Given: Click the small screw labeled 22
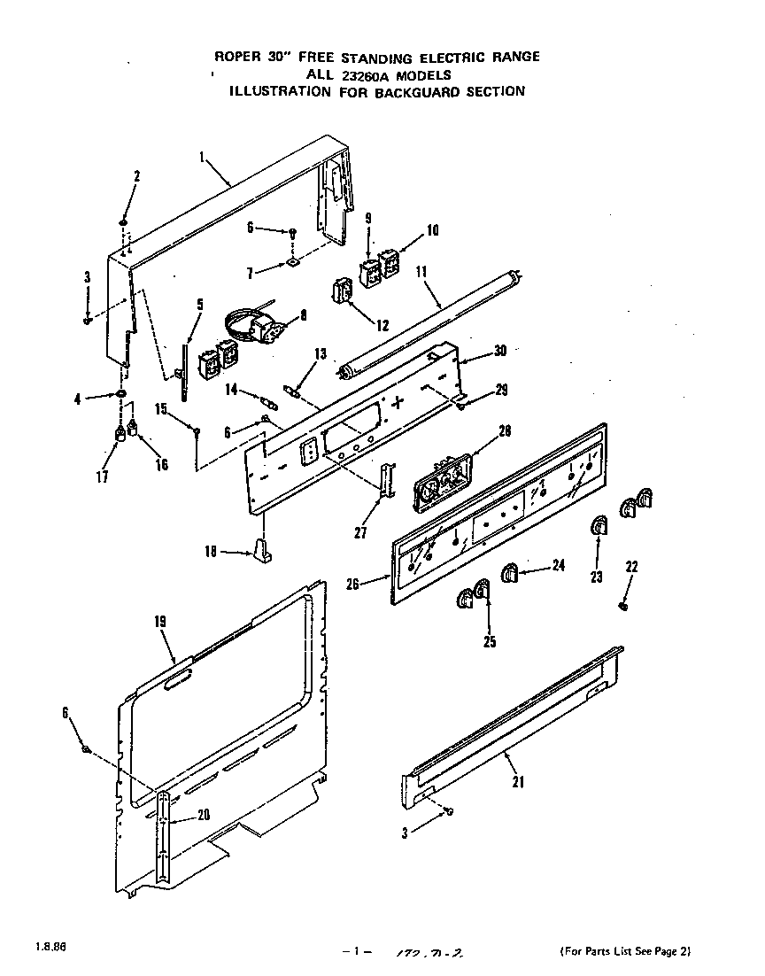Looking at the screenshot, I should [x=625, y=606].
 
